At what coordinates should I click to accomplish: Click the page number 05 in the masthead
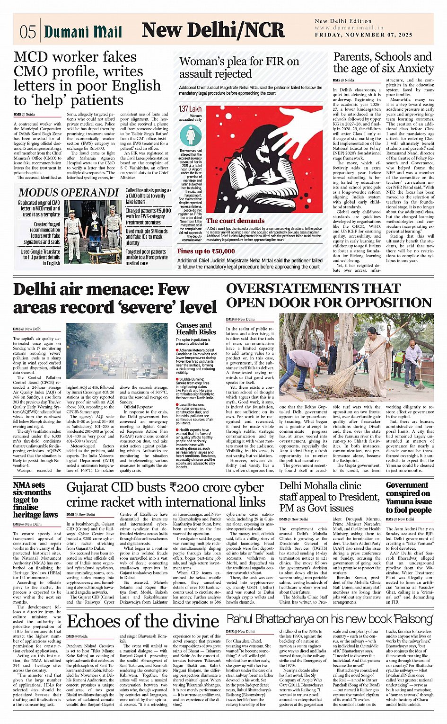27,32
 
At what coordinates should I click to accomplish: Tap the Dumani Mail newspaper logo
83,32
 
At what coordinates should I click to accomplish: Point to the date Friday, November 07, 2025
363,35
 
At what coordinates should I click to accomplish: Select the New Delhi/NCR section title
213,30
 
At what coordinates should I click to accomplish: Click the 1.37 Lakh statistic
190,109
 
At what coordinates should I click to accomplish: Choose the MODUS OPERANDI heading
69,192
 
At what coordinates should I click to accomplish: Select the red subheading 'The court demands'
235,221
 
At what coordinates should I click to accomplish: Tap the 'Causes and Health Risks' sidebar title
196,329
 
